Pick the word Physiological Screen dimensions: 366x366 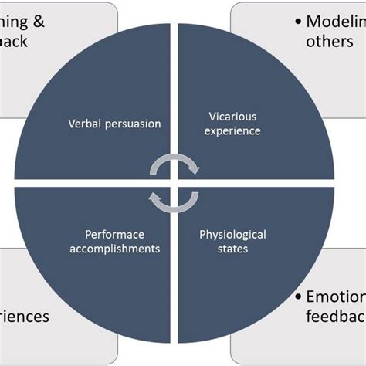232,234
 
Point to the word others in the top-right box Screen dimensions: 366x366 329,41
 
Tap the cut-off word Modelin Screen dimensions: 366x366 335,21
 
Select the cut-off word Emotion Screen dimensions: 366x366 335,297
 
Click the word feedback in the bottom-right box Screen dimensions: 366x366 335,317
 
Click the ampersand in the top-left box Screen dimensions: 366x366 37,22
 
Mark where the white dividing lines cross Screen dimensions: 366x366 174,182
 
